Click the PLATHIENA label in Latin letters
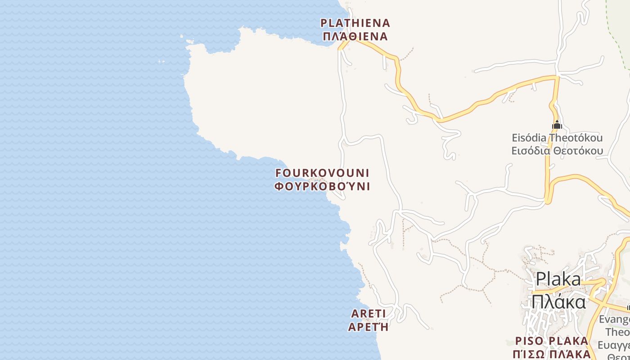tap(355, 23)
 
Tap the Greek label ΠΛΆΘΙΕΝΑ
tap(355, 36)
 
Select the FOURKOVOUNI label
tap(322, 173)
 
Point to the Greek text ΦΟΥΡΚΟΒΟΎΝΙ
tap(322, 186)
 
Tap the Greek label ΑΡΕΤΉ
tap(368, 327)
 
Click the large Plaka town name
tap(558, 279)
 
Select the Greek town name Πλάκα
tap(558, 301)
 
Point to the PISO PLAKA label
tap(552, 341)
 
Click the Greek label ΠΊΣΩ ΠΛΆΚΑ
tap(552, 354)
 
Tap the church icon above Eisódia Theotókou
tap(557, 125)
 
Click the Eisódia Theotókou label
tap(557, 138)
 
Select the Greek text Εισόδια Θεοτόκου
tap(557, 150)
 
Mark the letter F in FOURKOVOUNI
tap(278, 173)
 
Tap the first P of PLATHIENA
tap(323, 23)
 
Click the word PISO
tap(530, 341)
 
